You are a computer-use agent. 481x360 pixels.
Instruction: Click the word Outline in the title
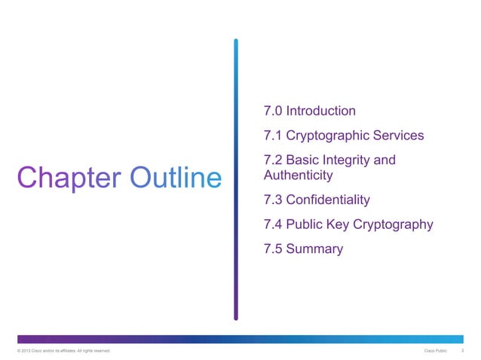(176, 178)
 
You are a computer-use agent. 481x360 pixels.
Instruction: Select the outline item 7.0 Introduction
(309, 111)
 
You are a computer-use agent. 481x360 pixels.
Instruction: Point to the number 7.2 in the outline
(273, 161)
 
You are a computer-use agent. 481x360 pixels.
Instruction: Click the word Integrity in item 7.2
(344, 161)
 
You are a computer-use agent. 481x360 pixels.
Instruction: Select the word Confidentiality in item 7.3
(329, 200)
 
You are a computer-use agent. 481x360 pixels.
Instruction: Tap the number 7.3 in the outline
(273, 200)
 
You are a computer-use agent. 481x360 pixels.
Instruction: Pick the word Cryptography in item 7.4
(394, 224)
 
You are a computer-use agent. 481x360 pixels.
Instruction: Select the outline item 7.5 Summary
(303, 249)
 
